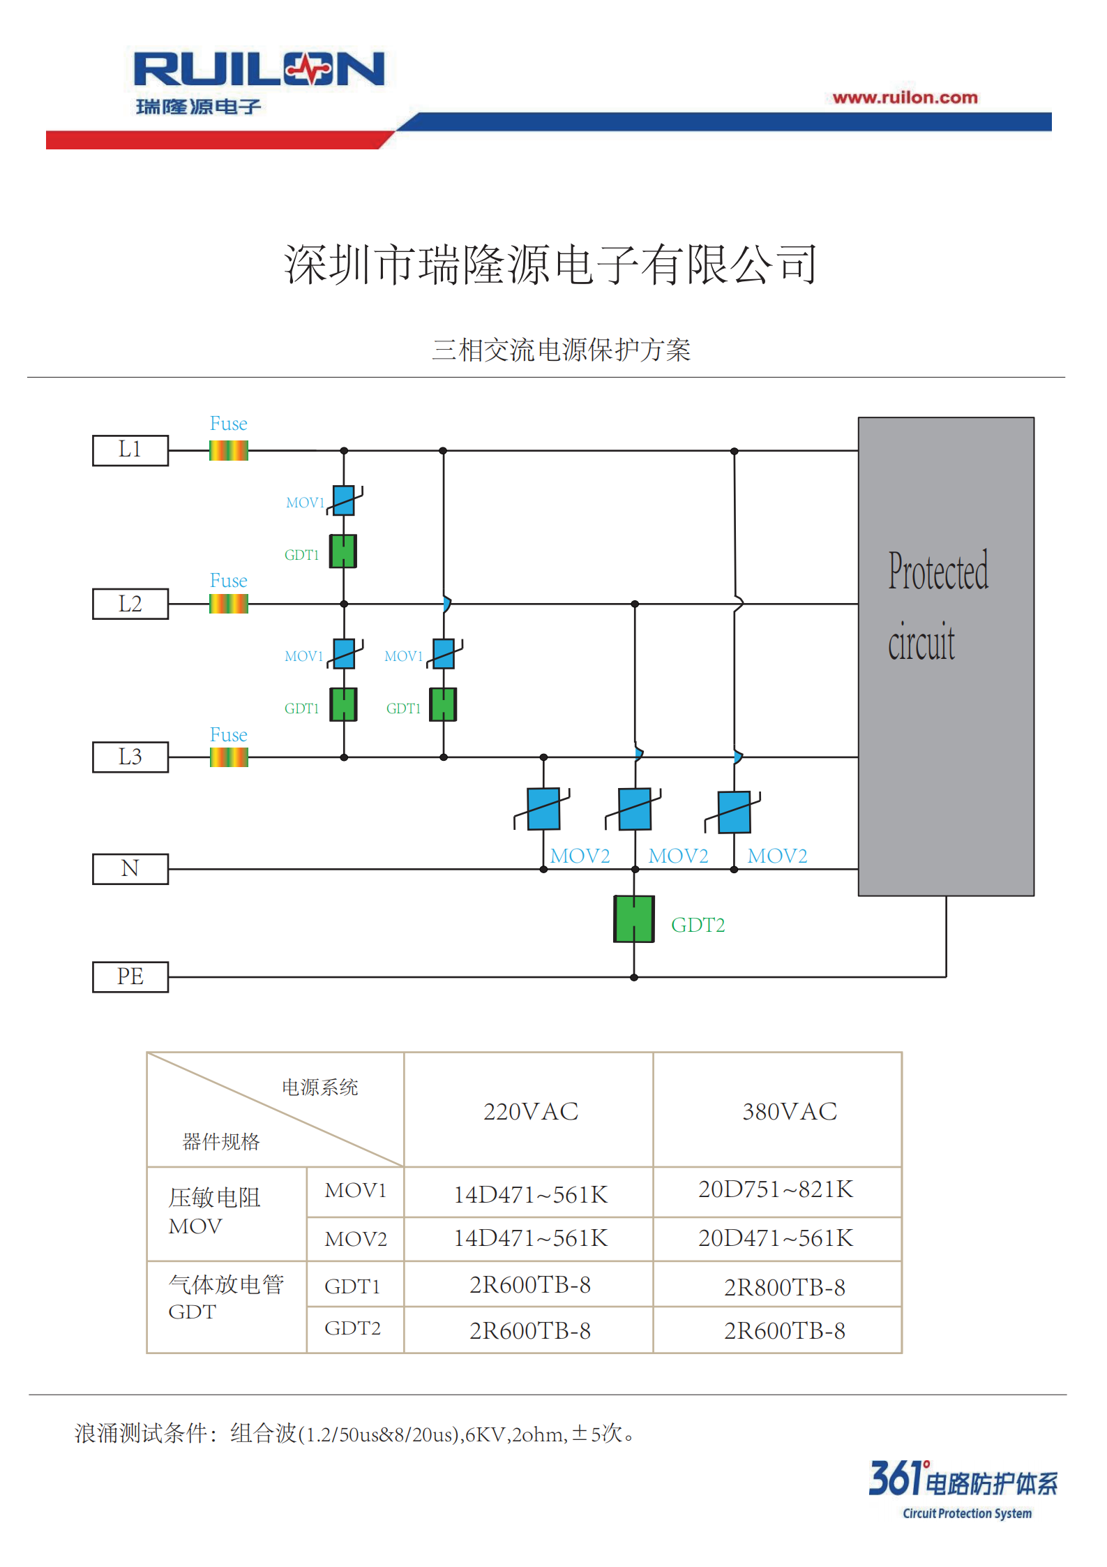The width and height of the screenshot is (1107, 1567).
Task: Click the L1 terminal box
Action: [x=130, y=450]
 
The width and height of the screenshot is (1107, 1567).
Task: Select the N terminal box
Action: [x=130, y=868]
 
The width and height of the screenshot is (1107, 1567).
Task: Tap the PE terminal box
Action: [x=130, y=976]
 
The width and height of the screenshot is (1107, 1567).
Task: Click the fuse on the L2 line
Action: [x=229, y=604]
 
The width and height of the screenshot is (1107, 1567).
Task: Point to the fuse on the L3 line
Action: [x=229, y=757]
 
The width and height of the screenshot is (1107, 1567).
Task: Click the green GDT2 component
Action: [x=634, y=919]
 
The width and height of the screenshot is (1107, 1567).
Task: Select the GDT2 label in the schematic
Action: [x=698, y=925]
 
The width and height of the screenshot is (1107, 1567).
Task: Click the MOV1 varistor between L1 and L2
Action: [x=344, y=500]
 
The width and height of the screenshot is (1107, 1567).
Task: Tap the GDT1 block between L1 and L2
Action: [x=343, y=551]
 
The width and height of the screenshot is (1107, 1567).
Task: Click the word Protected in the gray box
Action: [x=938, y=571]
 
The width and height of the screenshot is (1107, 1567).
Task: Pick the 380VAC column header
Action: [x=790, y=1111]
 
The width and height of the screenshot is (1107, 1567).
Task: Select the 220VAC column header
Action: [x=531, y=1111]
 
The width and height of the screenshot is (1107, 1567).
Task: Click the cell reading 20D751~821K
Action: [x=776, y=1189]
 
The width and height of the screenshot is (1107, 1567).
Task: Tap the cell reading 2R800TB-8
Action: [x=785, y=1287]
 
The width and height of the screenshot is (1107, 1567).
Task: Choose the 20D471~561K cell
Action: [x=776, y=1238]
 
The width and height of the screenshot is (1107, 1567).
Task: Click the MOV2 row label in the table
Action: [x=356, y=1239]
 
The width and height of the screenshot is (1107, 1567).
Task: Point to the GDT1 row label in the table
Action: [x=352, y=1286]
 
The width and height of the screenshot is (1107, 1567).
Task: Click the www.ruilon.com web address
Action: [x=905, y=98]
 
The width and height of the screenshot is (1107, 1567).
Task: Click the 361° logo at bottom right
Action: [x=963, y=1488]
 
